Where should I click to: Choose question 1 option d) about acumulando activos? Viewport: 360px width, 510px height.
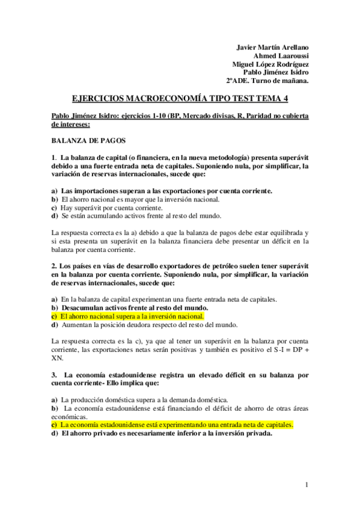click(141, 215)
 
